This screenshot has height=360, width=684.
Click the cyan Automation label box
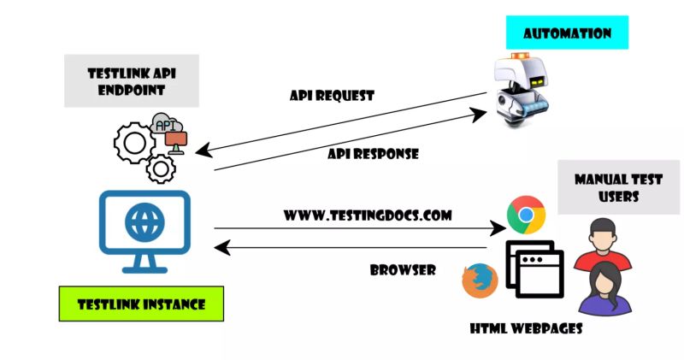click(567, 33)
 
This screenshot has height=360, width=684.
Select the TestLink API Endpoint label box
click(132, 82)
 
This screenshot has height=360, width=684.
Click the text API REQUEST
click(332, 95)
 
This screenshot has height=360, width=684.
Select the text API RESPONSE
click(373, 154)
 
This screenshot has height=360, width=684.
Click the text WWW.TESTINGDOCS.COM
click(368, 215)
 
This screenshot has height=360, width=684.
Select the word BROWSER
click(403, 269)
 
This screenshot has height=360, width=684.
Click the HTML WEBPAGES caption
click(527, 328)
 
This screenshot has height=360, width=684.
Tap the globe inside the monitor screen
click(144, 221)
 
